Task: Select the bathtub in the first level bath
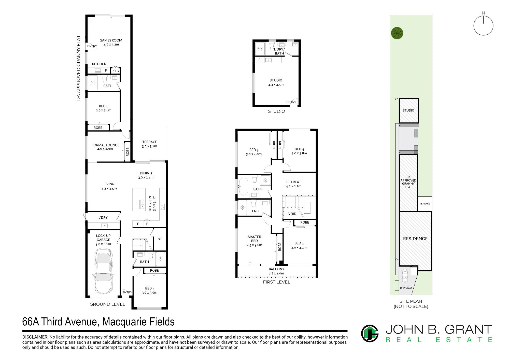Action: (x=243, y=187)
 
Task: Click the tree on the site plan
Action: (x=397, y=33)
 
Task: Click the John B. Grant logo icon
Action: (x=370, y=333)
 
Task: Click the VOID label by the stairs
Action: (x=292, y=214)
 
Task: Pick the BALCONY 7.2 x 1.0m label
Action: (x=277, y=271)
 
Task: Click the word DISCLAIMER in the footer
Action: (x=35, y=337)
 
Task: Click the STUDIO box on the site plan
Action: (x=408, y=110)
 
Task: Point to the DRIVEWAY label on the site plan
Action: (x=406, y=288)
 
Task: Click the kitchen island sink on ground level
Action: (x=142, y=204)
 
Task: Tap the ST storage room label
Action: (x=160, y=239)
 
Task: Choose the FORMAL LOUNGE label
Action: (x=105, y=147)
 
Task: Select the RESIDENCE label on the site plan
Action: (x=415, y=239)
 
